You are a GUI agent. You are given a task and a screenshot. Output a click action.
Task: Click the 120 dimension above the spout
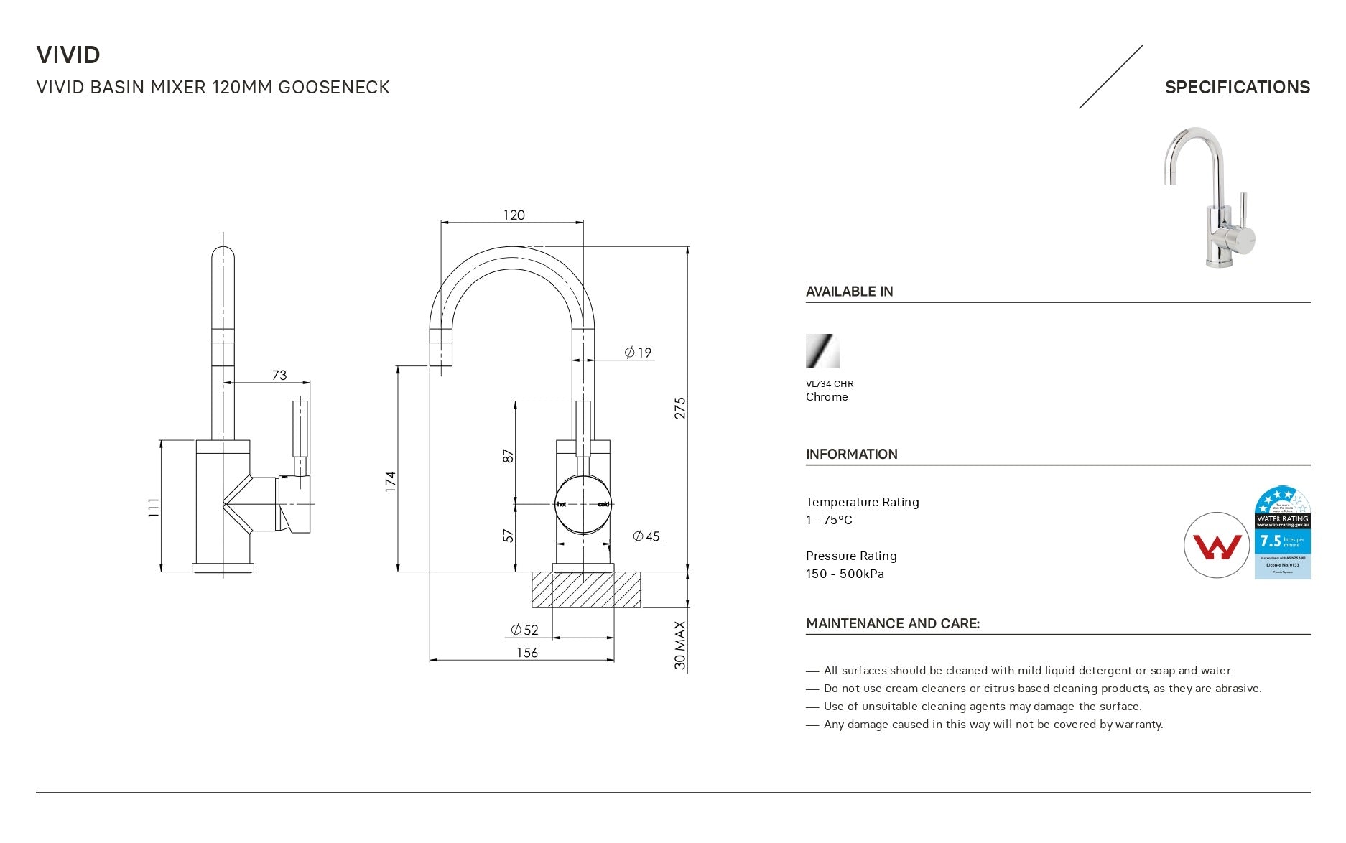pyautogui.click(x=514, y=215)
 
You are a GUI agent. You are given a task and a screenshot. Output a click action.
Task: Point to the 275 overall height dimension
pyautogui.click(x=679, y=408)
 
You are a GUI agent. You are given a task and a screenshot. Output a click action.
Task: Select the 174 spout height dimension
pyautogui.click(x=390, y=481)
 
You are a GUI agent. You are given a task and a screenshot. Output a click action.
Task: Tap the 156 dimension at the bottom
pyautogui.click(x=527, y=653)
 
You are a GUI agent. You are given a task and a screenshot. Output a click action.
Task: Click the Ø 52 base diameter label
pyautogui.click(x=524, y=630)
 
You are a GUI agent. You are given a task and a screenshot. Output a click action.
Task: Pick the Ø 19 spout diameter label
pyautogui.click(x=638, y=353)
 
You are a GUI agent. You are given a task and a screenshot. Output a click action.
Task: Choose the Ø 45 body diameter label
pyautogui.click(x=646, y=536)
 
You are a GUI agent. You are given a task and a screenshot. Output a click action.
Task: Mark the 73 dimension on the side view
pyautogui.click(x=279, y=375)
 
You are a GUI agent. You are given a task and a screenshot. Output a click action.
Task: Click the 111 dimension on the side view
pyautogui.click(x=153, y=508)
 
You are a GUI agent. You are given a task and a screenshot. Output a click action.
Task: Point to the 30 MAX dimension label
pyautogui.click(x=679, y=646)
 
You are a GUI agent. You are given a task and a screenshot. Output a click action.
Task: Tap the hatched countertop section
pyautogui.click(x=585, y=590)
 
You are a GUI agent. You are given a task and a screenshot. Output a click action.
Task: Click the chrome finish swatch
pyautogui.click(x=822, y=351)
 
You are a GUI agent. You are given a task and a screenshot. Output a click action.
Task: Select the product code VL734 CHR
pyautogui.click(x=830, y=384)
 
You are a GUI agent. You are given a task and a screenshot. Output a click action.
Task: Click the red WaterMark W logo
pyautogui.click(x=1216, y=546)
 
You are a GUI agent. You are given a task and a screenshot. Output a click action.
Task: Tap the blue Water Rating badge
pyautogui.click(x=1282, y=533)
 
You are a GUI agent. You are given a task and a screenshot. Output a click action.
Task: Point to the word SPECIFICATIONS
pyautogui.click(x=1237, y=88)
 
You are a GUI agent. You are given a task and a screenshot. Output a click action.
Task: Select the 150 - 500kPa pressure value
pyautogui.click(x=845, y=574)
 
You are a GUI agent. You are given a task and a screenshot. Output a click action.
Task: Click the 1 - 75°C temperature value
pyautogui.click(x=829, y=520)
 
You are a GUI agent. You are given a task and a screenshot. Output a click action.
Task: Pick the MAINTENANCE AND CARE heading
pyautogui.click(x=892, y=623)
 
